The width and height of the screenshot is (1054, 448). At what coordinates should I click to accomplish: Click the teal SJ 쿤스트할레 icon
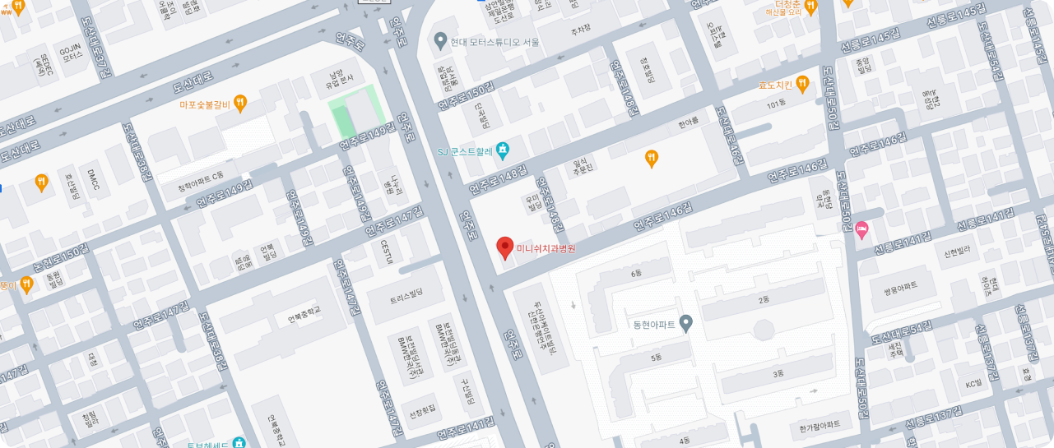504,150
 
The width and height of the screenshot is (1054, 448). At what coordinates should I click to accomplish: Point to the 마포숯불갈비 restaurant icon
240,104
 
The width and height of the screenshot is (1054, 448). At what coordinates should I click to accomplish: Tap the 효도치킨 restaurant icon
803,85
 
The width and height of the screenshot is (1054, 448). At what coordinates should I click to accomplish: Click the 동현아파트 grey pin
685,324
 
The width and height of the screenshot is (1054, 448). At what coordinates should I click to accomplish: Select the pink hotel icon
862,229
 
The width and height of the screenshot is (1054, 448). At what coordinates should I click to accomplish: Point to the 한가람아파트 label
819,424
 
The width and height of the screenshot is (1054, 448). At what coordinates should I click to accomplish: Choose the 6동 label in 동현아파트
635,273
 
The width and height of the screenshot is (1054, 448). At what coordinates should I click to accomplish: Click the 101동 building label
777,104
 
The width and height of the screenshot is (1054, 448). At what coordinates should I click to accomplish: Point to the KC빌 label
974,384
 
